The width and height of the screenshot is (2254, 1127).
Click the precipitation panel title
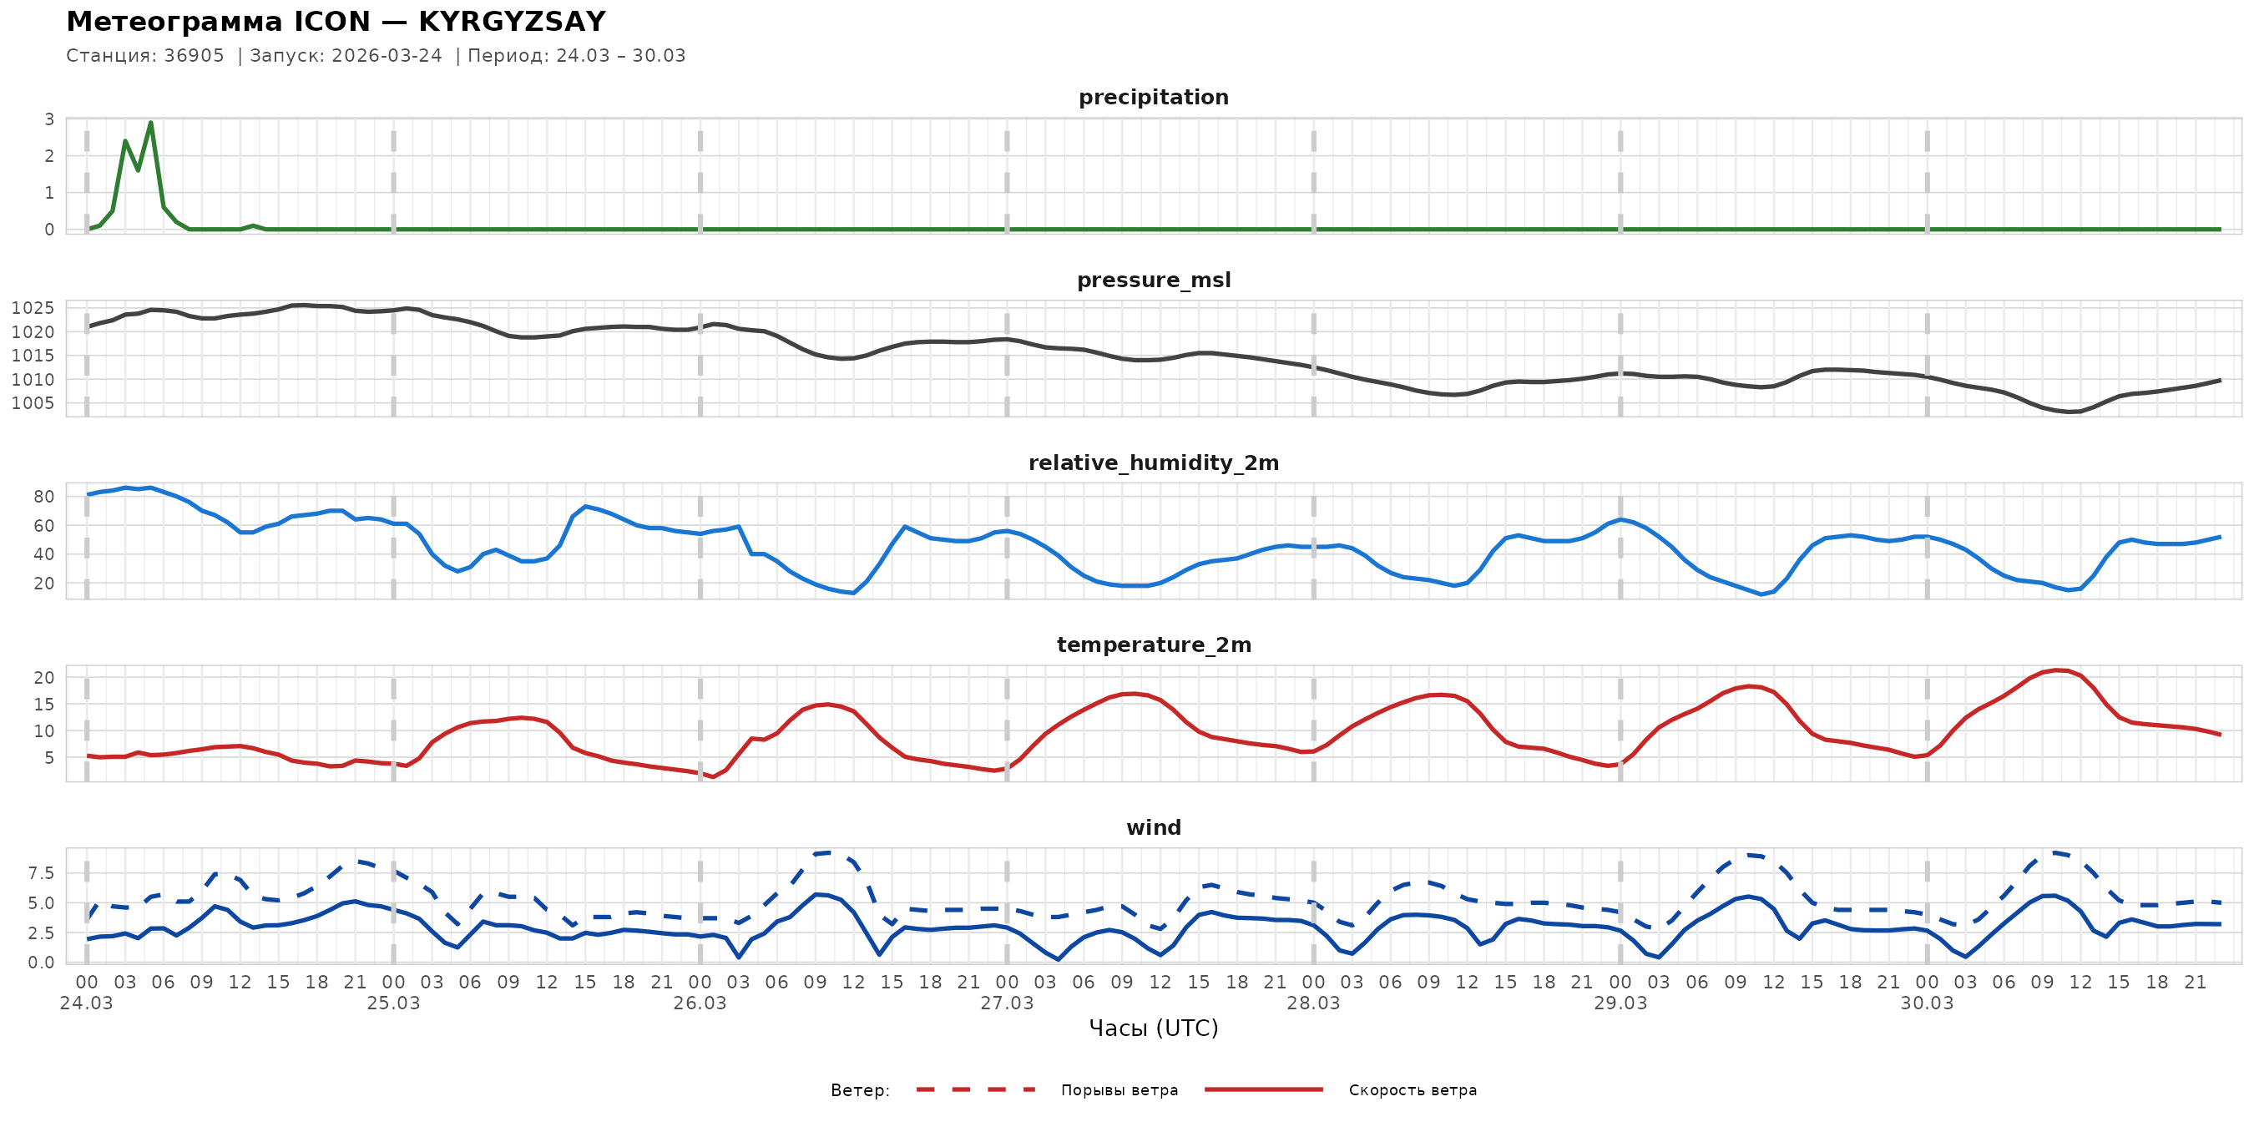(x=1153, y=97)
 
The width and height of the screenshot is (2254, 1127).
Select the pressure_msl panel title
(x=1153, y=280)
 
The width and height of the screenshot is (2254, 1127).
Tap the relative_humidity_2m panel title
(x=1153, y=462)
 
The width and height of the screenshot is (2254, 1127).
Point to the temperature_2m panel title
(x=1153, y=644)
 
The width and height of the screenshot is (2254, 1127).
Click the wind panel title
(x=1153, y=828)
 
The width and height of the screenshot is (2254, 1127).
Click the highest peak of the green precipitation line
(x=150, y=123)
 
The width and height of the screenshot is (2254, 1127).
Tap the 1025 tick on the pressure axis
(x=33, y=308)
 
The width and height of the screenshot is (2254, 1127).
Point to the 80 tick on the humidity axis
(x=43, y=497)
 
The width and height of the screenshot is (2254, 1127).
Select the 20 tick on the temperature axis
(x=43, y=678)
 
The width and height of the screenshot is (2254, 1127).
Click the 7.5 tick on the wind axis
(x=40, y=873)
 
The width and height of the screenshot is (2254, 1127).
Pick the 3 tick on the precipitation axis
(x=49, y=120)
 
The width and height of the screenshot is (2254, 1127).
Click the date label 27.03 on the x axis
(x=1006, y=1003)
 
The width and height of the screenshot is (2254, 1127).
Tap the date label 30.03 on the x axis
(x=1926, y=1003)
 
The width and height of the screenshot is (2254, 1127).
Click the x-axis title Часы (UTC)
(x=1153, y=1028)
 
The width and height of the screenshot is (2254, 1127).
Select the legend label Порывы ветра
(x=1119, y=1090)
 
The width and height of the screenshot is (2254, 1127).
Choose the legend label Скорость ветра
(x=1413, y=1090)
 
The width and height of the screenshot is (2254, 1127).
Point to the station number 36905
(x=194, y=56)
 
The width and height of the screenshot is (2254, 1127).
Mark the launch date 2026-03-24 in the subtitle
(x=387, y=56)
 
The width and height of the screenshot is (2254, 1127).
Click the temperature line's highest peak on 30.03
(x=2055, y=670)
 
